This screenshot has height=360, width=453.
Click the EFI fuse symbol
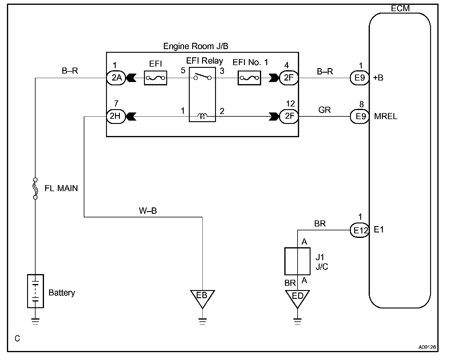(x=155, y=78)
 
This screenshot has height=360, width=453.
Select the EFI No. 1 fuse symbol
(x=249, y=78)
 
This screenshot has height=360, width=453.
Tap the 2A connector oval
(x=116, y=78)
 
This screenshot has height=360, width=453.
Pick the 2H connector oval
(x=116, y=116)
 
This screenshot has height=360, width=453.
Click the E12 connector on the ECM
(x=360, y=230)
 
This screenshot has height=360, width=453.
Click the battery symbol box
(x=35, y=291)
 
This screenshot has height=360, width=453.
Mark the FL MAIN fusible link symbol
(x=35, y=188)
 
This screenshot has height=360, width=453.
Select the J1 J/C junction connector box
(x=298, y=261)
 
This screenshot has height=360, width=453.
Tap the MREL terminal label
(x=386, y=116)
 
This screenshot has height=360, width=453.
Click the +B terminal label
(x=378, y=78)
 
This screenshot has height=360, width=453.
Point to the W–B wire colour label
(x=148, y=210)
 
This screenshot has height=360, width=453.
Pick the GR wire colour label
(x=325, y=110)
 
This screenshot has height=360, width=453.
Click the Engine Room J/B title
(x=196, y=46)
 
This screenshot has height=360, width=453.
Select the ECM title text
(x=400, y=8)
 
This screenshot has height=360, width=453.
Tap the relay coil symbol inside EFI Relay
(x=202, y=116)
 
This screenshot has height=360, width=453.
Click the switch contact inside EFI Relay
(x=202, y=77)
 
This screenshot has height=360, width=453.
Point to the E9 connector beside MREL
(x=360, y=116)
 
